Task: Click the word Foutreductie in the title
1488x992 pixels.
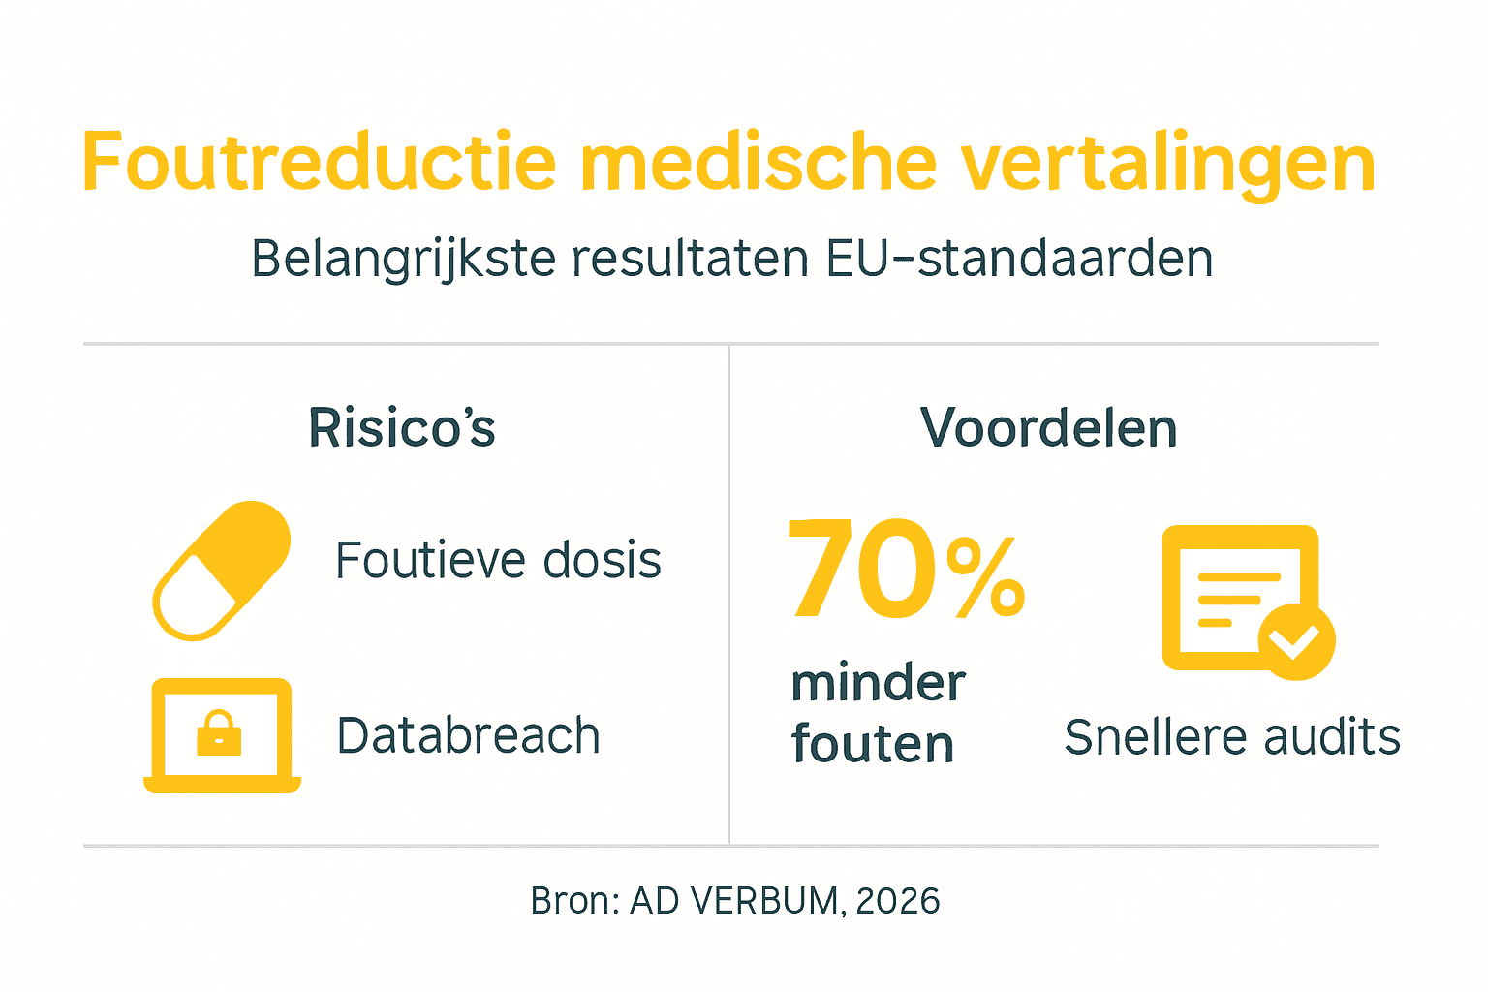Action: click(x=319, y=163)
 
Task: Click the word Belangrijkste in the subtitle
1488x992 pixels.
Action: click(x=402, y=260)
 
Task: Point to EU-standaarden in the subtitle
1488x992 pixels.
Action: click(x=1019, y=259)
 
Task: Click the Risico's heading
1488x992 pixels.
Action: click(x=402, y=428)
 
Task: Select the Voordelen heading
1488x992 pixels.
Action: click(x=1048, y=428)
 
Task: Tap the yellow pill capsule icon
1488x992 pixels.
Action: click(x=222, y=571)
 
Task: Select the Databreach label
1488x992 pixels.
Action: click(x=468, y=735)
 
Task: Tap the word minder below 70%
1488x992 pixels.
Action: click(x=878, y=683)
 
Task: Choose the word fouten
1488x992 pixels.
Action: click(x=873, y=744)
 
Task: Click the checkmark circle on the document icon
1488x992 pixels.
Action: click(x=1296, y=640)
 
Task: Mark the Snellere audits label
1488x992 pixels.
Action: click(x=1232, y=737)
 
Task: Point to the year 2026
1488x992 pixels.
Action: click(x=898, y=901)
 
